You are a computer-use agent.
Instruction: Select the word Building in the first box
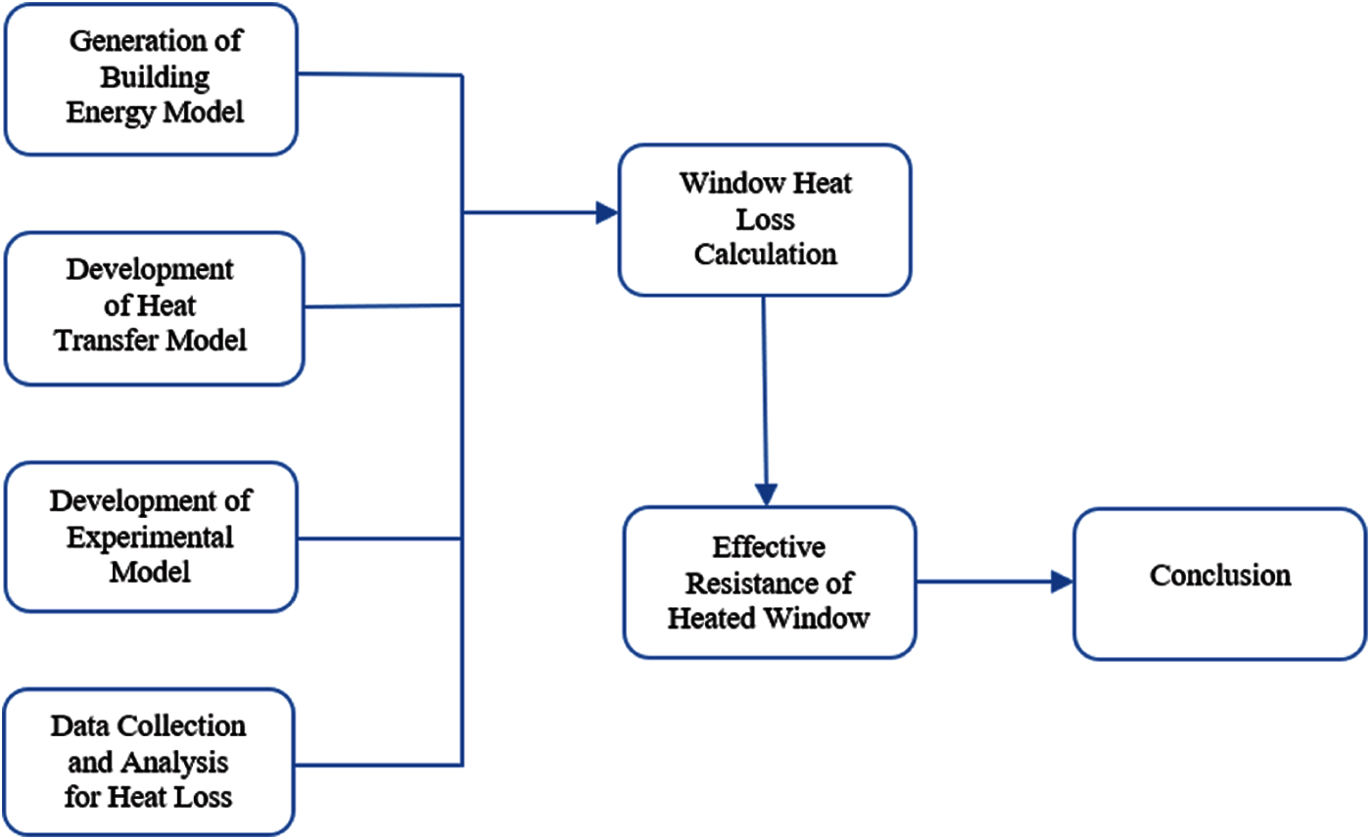[x=155, y=77]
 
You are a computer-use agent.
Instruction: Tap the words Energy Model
[x=155, y=112]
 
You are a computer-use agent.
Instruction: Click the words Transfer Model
[x=155, y=341]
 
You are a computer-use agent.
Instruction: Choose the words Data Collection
[x=151, y=726]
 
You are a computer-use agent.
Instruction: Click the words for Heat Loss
[x=151, y=796]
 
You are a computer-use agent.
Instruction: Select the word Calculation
[x=765, y=255]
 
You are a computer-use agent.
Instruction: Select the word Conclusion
[x=1220, y=575]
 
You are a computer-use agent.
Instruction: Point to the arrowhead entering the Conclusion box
[x=1062, y=583]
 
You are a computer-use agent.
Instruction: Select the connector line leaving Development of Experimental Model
[x=378, y=538]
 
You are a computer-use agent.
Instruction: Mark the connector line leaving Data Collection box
[x=378, y=765]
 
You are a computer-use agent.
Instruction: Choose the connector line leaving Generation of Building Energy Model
[x=378, y=73]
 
